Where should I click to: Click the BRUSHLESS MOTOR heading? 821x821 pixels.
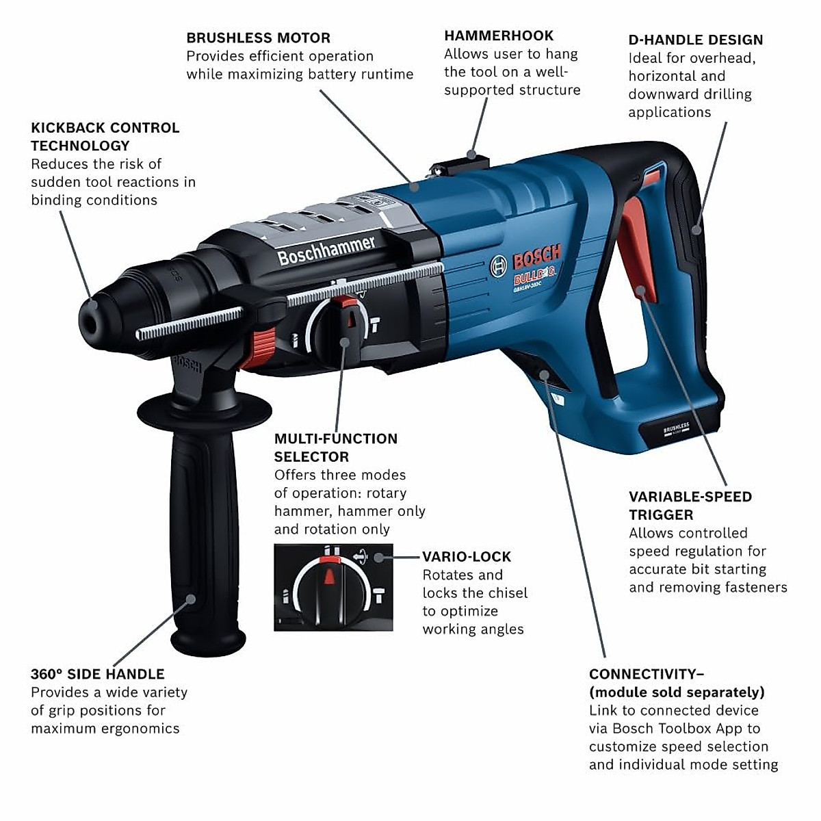(258, 38)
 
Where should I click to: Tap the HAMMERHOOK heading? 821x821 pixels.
(499, 36)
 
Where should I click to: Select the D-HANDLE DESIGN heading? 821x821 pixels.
(695, 40)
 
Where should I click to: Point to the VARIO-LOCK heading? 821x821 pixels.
(466, 557)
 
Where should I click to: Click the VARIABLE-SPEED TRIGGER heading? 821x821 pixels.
(690, 506)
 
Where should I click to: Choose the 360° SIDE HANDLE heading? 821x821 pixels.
(97, 674)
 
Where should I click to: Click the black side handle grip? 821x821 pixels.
(204, 527)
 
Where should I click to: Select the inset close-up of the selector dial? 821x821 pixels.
(333, 587)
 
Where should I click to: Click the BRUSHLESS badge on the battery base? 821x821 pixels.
(676, 429)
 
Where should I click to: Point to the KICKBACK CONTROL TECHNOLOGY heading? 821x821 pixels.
(105, 136)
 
